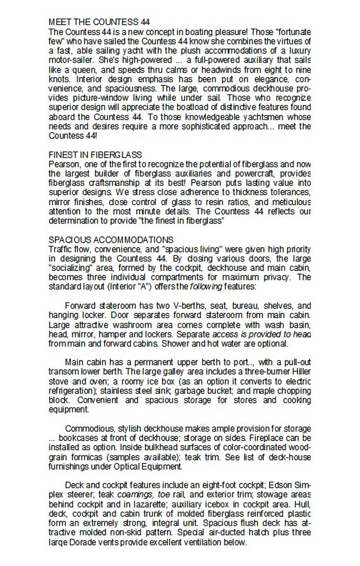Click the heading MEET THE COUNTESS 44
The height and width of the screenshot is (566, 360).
pyautogui.click(x=99, y=22)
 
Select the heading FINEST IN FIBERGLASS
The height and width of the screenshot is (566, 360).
pyautogui.click(x=95, y=155)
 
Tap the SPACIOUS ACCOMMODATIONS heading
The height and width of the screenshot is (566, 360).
pyautogui.click(x=111, y=240)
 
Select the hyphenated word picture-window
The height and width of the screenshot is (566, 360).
pyautogui.click(x=100, y=98)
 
